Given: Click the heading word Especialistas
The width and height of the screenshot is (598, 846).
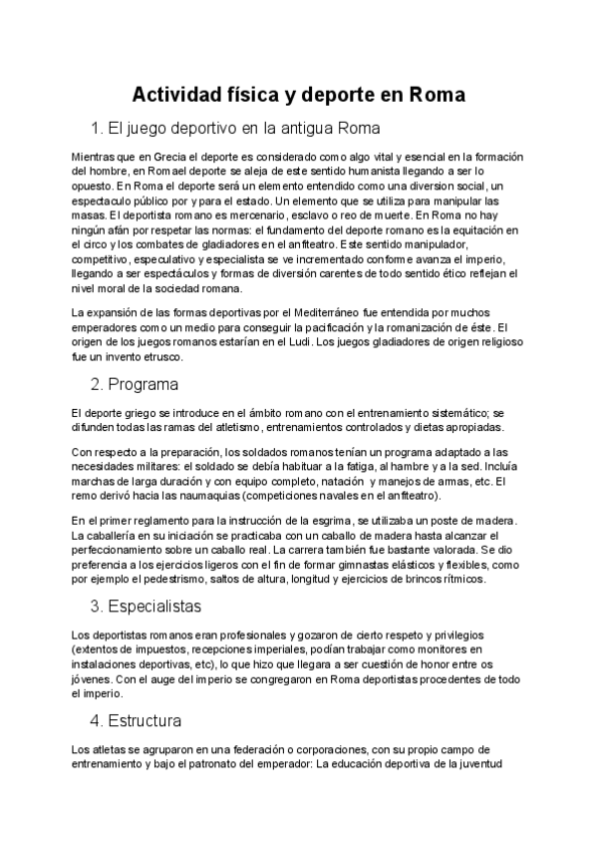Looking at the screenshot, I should click(159, 606).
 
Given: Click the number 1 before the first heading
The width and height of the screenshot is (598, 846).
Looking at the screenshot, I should click(96, 129).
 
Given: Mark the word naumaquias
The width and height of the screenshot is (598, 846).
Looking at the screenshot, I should click(198, 495).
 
